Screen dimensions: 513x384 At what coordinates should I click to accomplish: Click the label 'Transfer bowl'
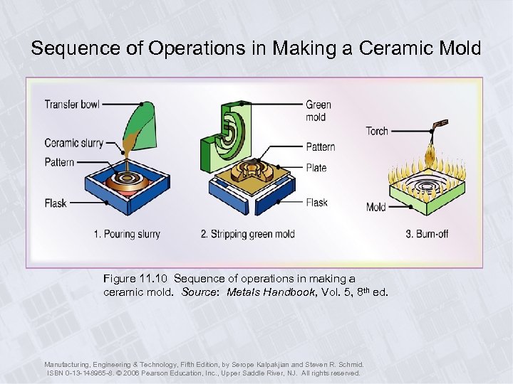point(72,105)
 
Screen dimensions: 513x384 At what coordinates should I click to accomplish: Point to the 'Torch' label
point(377,131)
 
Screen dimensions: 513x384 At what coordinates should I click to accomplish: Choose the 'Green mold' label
point(318,111)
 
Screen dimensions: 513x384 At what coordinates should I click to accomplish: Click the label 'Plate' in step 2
point(316,168)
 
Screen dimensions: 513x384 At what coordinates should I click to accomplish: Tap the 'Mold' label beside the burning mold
point(375,207)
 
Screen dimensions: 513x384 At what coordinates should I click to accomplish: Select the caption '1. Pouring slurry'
point(127,234)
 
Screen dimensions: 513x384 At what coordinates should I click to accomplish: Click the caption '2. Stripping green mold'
point(248,234)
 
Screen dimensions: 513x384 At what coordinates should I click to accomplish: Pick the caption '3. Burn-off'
point(426,234)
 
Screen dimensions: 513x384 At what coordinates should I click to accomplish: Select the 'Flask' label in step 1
point(55,203)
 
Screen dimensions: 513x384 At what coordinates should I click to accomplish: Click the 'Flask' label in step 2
point(316,203)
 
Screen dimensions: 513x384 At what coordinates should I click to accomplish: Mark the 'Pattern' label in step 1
point(59,162)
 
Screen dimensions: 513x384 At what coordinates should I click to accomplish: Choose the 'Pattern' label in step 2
point(320,147)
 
